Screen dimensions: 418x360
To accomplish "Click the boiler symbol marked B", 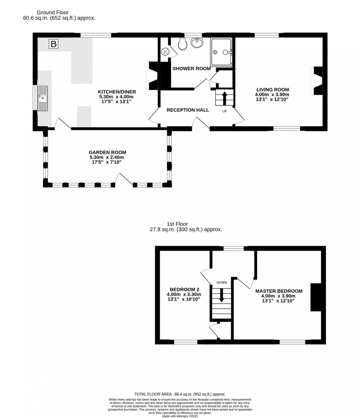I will pyautogui.click(x=54, y=44).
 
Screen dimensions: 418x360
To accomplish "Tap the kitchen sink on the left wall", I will pyautogui.click(x=43, y=98).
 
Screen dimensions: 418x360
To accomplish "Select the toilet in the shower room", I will pyautogui.click(x=183, y=44).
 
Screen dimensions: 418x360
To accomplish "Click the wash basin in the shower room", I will pyautogui.click(x=197, y=43).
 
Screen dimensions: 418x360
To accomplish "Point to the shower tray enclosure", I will pyautogui.click(x=221, y=52).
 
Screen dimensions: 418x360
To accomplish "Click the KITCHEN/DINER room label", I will pyautogui.click(x=117, y=92).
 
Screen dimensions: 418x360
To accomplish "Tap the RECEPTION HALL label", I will pyautogui.click(x=188, y=110).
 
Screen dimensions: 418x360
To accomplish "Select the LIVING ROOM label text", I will pyautogui.click(x=273, y=89).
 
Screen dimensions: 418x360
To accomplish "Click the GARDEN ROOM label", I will pyautogui.click(x=107, y=152).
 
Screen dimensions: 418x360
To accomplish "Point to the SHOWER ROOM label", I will pyautogui.click(x=191, y=68).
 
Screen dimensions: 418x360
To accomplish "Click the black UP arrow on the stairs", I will pyautogui.click(x=224, y=98).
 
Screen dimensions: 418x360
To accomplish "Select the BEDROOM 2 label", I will pyautogui.click(x=184, y=289).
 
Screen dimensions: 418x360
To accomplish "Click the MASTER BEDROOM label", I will pyautogui.click(x=279, y=291).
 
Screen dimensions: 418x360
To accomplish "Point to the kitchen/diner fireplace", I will pyautogui.click(x=152, y=76).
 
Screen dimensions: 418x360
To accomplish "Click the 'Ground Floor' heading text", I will pyautogui.click(x=53, y=12).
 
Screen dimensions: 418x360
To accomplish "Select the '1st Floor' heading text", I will pyautogui.click(x=177, y=224).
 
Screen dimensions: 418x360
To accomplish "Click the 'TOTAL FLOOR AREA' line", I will pyautogui.click(x=180, y=394).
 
